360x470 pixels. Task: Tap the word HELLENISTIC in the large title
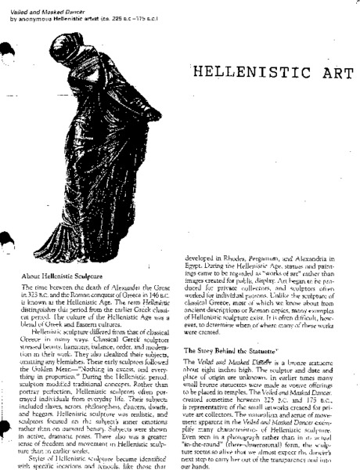pos(247,74)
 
